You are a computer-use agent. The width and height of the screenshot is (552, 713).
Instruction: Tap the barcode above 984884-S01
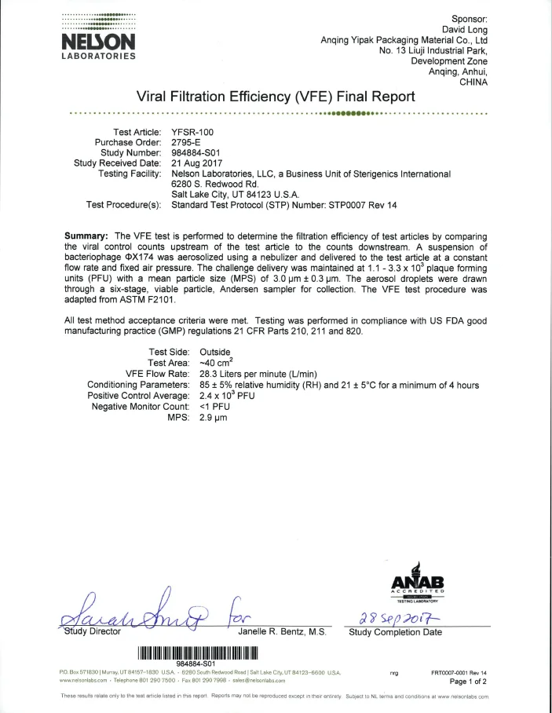(x=198, y=651)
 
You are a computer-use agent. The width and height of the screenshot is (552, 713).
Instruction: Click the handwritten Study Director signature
(x=141, y=608)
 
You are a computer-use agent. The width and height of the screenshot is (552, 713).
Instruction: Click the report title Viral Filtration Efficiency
(x=276, y=97)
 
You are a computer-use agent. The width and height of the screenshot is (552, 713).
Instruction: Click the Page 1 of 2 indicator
(x=468, y=682)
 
